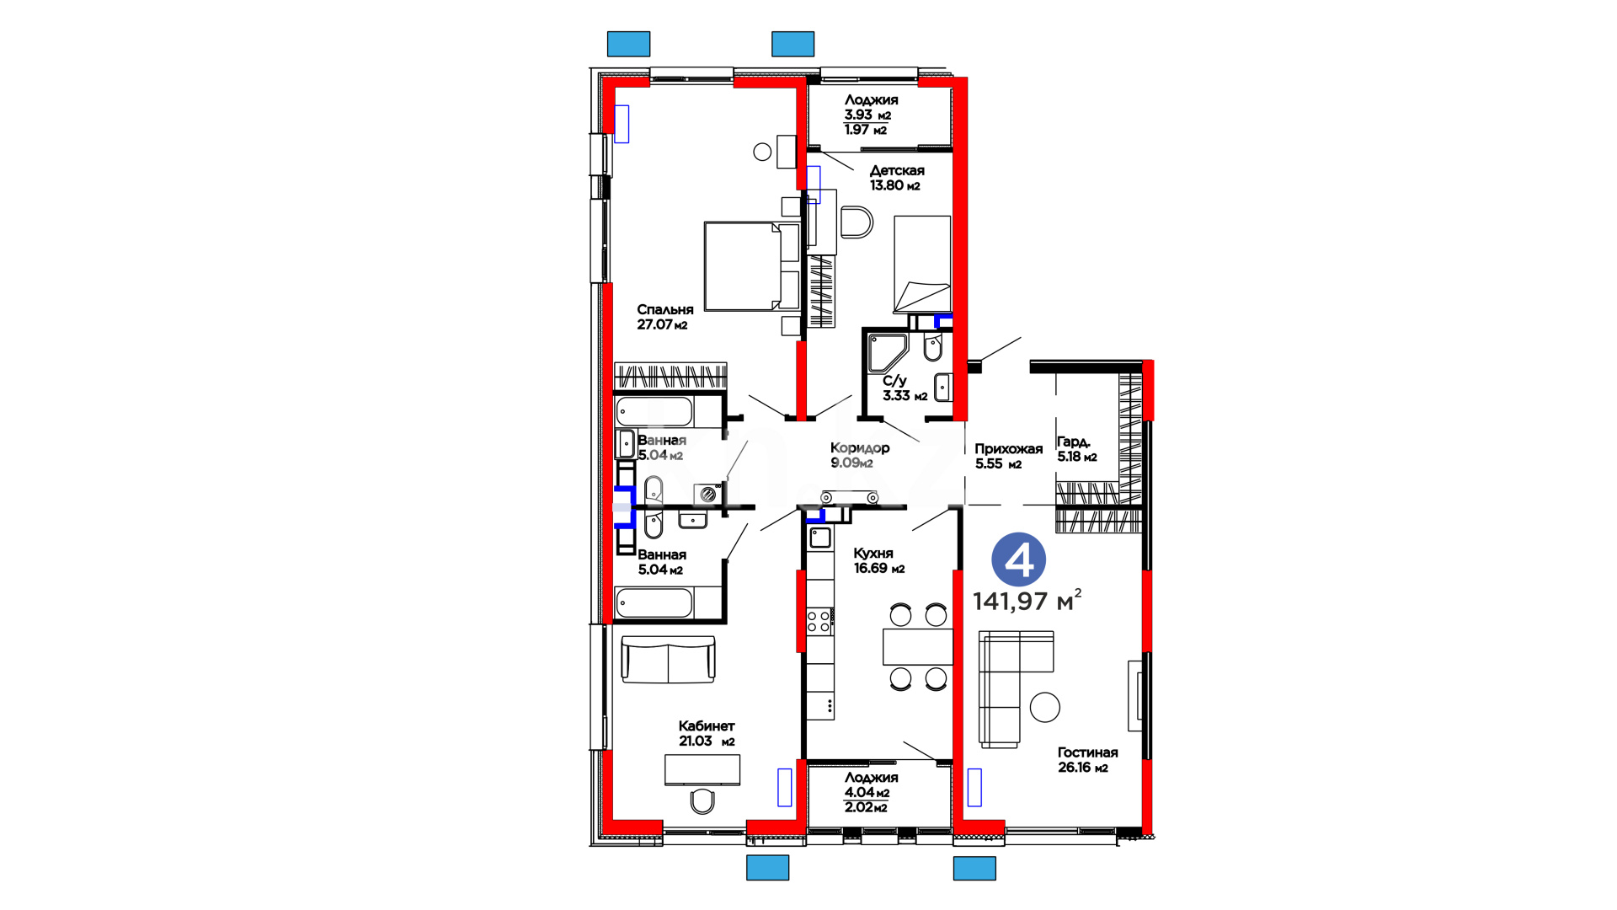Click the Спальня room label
[664, 310]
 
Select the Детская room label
[897, 171]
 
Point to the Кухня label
[873, 554]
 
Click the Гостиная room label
[1088, 752]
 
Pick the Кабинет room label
[707, 726]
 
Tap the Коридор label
[860, 448]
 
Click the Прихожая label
[1009, 449]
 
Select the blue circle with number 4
[1019, 559]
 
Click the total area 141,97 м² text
[1027, 601]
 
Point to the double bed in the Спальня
[752, 266]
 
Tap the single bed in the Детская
[922, 264]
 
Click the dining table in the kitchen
[918, 646]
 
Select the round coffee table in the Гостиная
[1045, 707]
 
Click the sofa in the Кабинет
[668, 658]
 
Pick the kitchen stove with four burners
[819, 622]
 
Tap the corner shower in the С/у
[886, 353]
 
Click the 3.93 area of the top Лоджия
[859, 115]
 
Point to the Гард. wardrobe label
[1074, 442]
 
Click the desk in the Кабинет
[702, 769]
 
